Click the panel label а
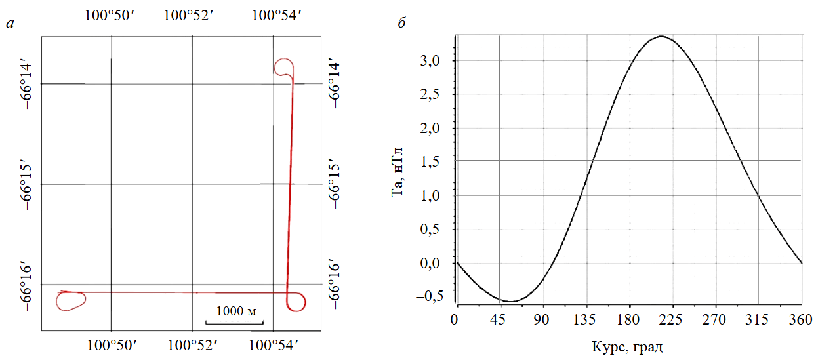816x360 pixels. click(9, 24)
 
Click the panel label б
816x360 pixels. click(401, 24)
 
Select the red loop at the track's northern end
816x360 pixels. click(284, 66)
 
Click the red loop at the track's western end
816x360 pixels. click(71, 300)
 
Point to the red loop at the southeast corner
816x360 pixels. click(296, 302)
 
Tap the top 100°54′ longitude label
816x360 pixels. click(277, 15)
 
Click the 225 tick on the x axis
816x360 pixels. click(672, 319)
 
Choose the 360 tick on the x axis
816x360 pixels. click(801, 319)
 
